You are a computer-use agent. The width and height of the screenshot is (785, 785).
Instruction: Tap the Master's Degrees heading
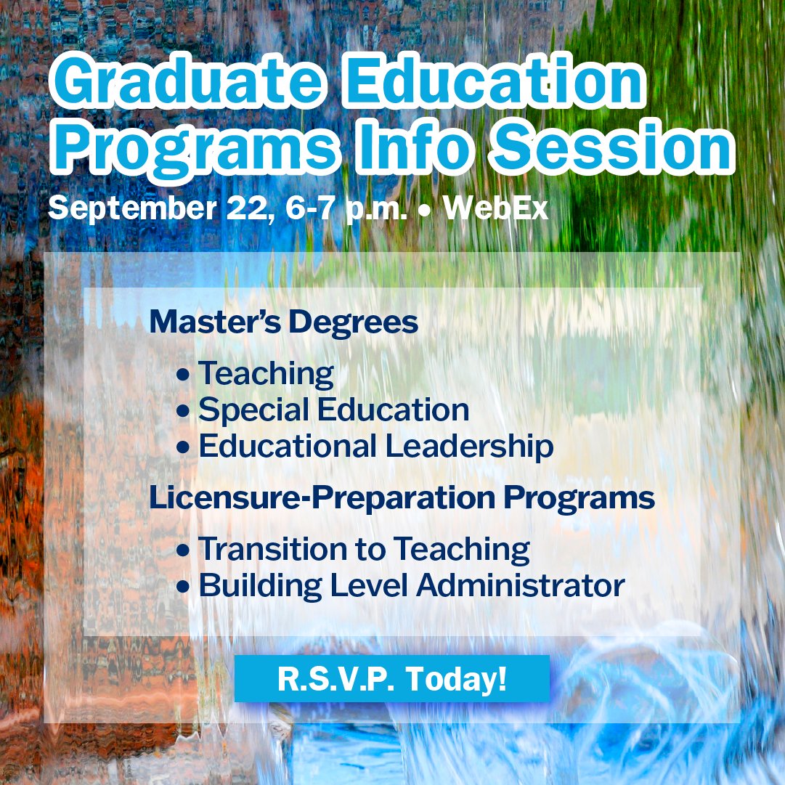(284, 322)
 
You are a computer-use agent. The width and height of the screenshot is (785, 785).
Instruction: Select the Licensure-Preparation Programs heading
(402, 498)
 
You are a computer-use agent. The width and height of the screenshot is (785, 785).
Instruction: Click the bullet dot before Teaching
(184, 375)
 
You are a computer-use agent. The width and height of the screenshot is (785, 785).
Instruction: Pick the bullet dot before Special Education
(184, 412)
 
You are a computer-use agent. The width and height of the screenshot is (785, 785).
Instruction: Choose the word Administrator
(519, 585)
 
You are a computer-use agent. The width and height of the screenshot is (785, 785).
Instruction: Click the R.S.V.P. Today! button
(392, 679)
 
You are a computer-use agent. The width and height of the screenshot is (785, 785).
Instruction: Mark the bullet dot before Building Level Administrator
(184, 587)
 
